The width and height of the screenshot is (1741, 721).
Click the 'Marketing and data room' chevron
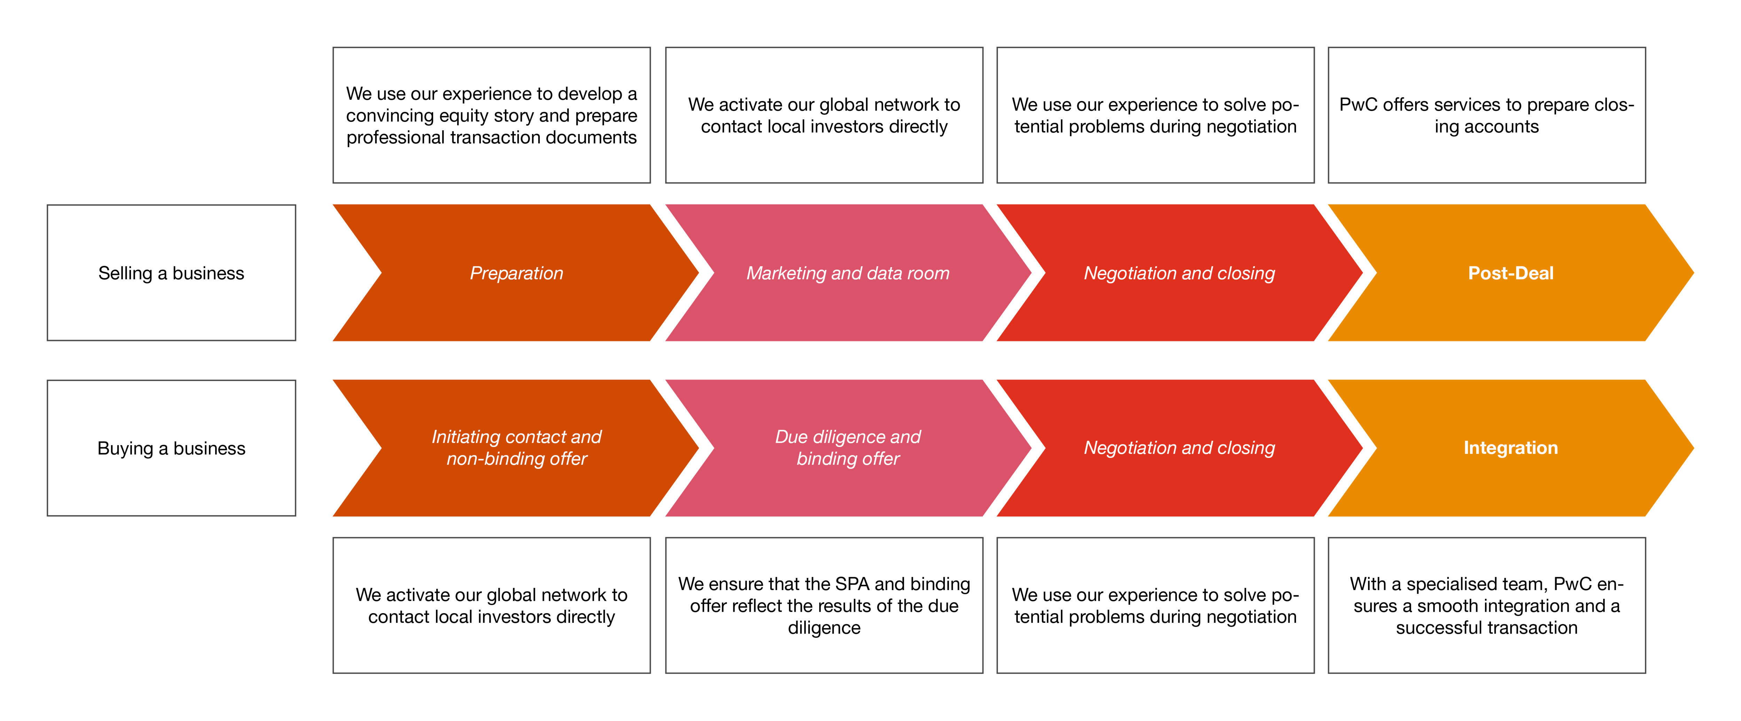point(848,273)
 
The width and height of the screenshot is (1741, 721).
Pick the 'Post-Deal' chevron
point(1511,273)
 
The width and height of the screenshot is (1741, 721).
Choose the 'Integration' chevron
point(1511,448)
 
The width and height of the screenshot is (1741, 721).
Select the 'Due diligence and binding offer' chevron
point(848,448)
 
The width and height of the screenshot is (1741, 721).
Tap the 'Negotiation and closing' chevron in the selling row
point(1179,273)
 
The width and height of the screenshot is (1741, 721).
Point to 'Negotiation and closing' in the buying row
point(1179,448)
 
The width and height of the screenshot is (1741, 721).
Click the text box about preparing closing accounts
point(1487,115)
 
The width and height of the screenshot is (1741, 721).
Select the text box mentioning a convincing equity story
point(491,115)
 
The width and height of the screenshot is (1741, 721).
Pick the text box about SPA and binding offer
point(824,605)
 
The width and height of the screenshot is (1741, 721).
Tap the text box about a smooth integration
point(1487,605)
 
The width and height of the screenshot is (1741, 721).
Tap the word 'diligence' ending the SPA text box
point(824,628)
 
